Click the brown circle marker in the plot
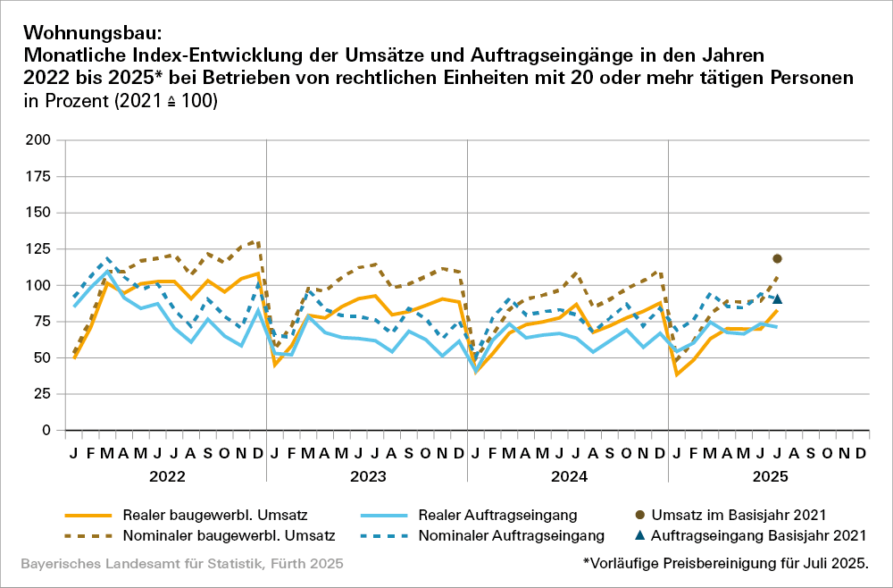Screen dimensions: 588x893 point(777,258)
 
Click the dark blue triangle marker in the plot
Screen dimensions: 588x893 point(777,299)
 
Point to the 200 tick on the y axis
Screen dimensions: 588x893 point(38,140)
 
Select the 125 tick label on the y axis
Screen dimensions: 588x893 point(38,248)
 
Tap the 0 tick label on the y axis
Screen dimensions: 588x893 point(46,431)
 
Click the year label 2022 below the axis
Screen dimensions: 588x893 point(166,476)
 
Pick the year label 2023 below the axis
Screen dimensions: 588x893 point(367,476)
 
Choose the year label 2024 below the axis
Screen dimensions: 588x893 point(568,476)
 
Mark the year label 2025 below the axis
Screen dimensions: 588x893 point(769,476)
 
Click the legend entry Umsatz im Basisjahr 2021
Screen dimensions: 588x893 point(747,515)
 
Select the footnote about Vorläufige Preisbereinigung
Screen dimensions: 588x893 point(724,564)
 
